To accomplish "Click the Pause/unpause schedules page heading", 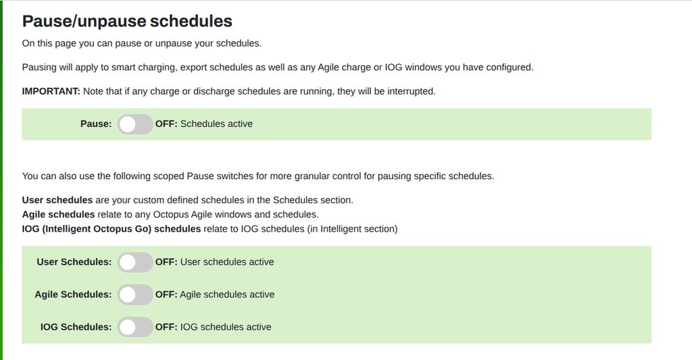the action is (x=127, y=21).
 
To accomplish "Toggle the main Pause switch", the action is (x=135, y=124).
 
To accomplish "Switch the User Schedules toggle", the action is (x=135, y=262).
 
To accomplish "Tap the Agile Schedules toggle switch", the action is (x=135, y=294).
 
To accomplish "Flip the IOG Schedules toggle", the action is (x=135, y=328).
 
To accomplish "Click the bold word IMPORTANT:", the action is (x=51, y=91).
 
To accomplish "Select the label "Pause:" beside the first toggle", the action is (x=96, y=124).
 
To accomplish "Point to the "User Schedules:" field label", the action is (x=74, y=261).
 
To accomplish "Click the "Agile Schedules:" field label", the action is (x=73, y=294).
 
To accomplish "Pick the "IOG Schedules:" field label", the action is (x=76, y=327).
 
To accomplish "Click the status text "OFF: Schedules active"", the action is (x=204, y=124).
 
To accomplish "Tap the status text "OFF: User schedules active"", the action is (x=214, y=261).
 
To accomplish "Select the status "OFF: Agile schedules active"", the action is (x=215, y=294).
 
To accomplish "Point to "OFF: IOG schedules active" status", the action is (x=213, y=327).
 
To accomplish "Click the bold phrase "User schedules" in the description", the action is (x=57, y=200).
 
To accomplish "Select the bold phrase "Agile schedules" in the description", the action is (x=58, y=214).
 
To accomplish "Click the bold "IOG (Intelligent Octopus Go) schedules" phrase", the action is (x=112, y=229).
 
